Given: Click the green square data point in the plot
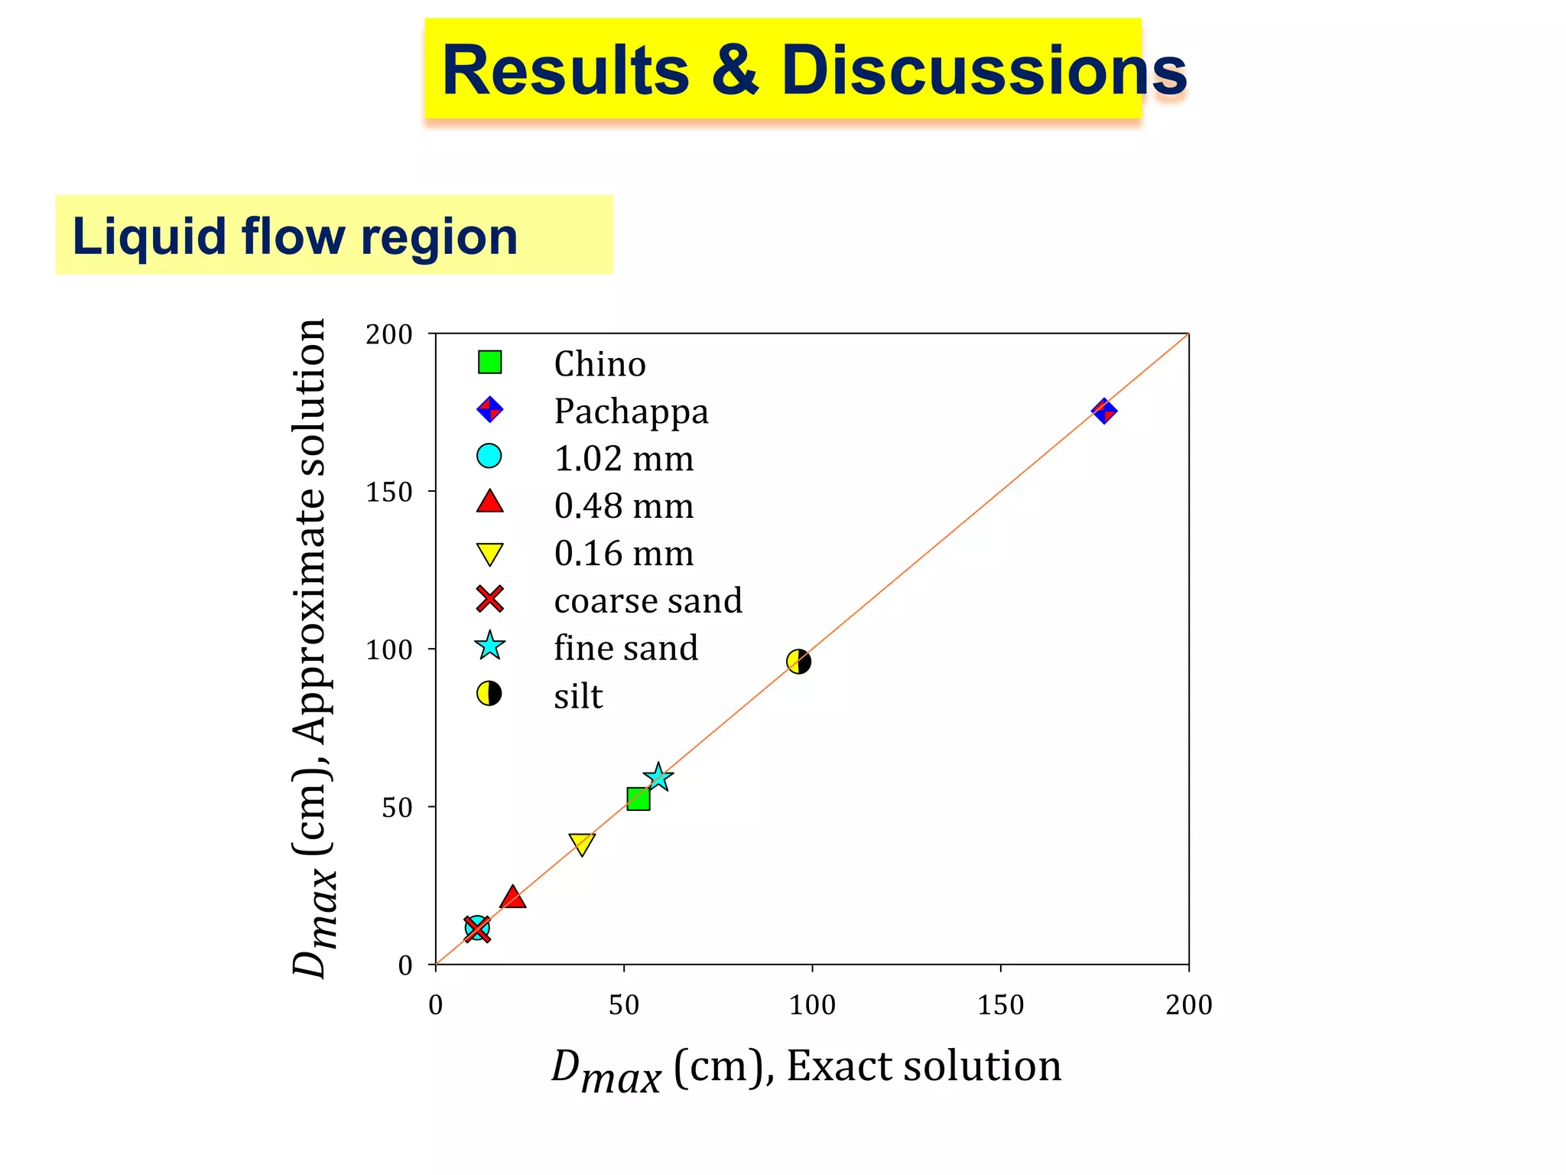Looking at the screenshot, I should click(x=638, y=799).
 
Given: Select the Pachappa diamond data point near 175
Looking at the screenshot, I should click(x=1103, y=411).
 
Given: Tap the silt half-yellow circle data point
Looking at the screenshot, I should click(x=798, y=662).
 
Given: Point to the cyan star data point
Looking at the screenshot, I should click(x=658, y=778).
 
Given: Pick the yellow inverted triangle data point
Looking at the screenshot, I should click(x=582, y=844).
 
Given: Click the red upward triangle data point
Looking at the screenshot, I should click(x=512, y=897).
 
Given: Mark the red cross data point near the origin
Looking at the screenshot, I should click(x=477, y=929).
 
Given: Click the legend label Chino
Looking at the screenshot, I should click(x=599, y=364).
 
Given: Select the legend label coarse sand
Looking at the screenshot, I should click(x=648, y=601).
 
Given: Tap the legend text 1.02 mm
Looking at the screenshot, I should click(x=623, y=459).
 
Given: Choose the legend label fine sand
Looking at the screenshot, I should click(x=625, y=648).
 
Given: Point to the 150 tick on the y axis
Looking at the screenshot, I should click(x=389, y=492).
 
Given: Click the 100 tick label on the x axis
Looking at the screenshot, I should click(x=812, y=1004).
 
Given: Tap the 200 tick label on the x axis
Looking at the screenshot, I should click(x=1188, y=1004).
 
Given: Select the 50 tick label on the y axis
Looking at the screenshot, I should click(x=397, y=808).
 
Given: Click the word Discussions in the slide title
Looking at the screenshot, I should click(x=983, y=70).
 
